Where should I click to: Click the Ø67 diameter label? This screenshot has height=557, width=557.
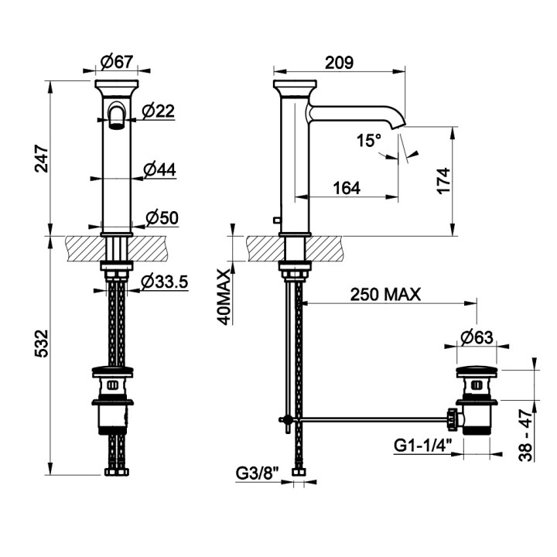pyautogui.click(x=117, y=63)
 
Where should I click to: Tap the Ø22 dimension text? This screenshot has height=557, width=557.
pyautogui.click(x=159, y=111)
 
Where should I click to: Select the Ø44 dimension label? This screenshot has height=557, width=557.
pyautogui.click(x=159, y=169)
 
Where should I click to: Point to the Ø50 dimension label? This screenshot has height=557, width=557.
pyautogui.click(x=162, y=218)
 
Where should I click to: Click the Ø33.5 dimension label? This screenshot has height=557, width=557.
pyautogui.click(x=164, y=282)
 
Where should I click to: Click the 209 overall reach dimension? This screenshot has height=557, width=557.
pyautogui.click(x=340, y=63)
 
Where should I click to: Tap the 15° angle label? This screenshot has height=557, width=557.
pyautogui.click(x=369, y=140)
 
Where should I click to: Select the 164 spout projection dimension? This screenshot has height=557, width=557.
pyautogui.click(x=347, y=188)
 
